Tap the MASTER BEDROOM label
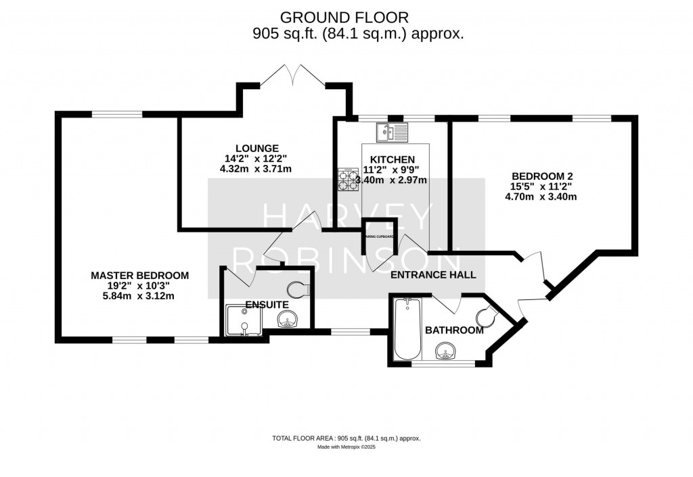(140, 276)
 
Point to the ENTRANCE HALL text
(434, 275)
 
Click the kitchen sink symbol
(393, 132)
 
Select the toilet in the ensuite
(298, 291)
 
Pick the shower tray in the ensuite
(242, 320)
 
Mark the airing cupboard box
(380, 236)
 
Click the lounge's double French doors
(292, 76)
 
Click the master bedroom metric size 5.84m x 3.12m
(140, 296)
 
